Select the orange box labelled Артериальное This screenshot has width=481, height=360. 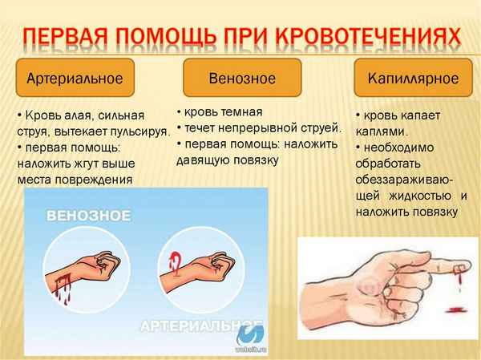pos(75,79)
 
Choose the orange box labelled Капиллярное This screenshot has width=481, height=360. pos(412,79)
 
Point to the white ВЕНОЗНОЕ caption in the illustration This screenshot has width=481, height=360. pos(88,215)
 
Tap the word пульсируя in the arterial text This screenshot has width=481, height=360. pos(142,131)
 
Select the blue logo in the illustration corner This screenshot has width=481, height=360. pos(256,338)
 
